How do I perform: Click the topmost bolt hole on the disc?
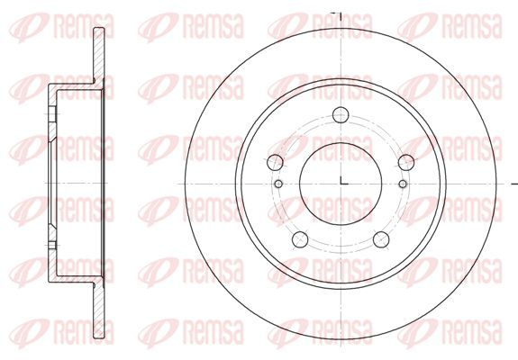click(x=341, y=115)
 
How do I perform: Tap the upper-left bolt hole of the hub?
click(x=275, y=162)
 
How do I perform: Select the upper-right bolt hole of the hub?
click(x=406, y=162)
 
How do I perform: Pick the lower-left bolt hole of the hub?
click(x=300, y=239)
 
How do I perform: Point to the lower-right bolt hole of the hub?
click(x=381, y=239)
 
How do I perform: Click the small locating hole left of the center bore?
click(x=279, y=184)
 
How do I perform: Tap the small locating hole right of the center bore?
click(x=403, y=184)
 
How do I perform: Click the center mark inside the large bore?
click(x=343, y=181)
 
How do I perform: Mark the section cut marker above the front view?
click(x=336, y=15)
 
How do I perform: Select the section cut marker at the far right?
click(x=514, y=184)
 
